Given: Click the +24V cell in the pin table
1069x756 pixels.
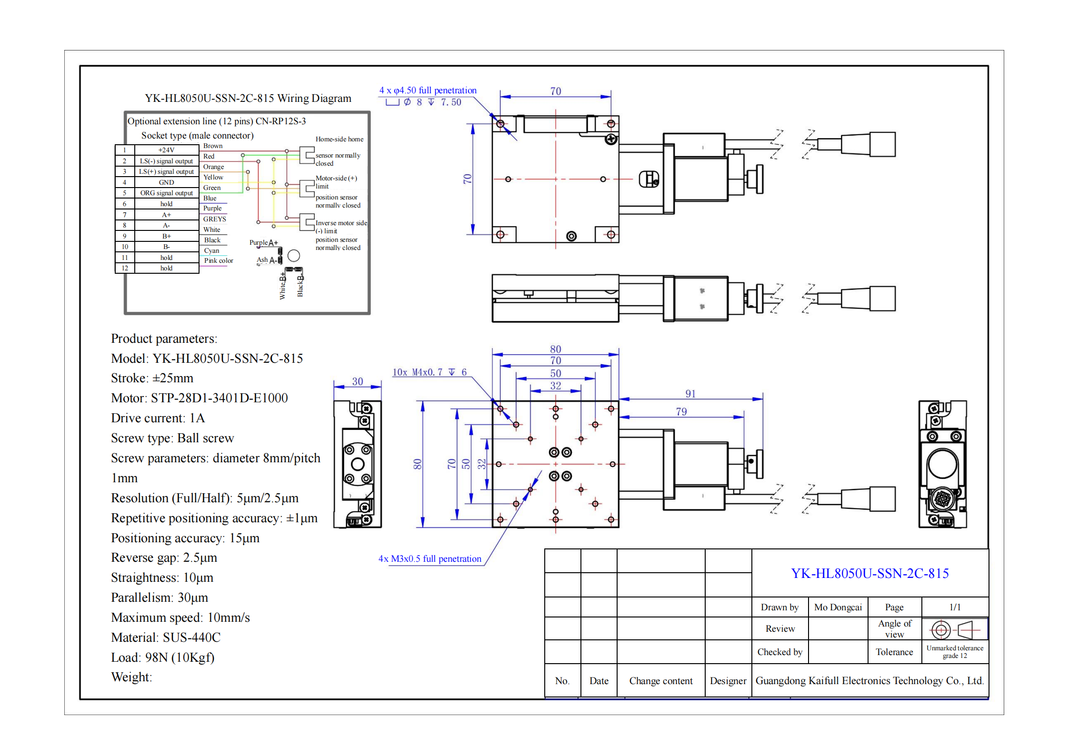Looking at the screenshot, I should point(166,150).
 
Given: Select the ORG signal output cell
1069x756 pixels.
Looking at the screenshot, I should point(166,193).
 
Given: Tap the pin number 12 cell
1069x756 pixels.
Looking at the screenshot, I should point(125,269).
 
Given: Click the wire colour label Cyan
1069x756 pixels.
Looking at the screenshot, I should point(211,251).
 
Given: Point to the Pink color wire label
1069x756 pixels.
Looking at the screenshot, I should point(219,261).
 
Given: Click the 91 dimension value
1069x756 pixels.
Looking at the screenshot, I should point(690,394).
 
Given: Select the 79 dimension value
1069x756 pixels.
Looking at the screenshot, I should point(681,412).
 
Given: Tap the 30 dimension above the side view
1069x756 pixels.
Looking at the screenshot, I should point(357,381).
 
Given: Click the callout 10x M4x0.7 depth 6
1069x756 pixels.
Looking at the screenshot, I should point(429,372).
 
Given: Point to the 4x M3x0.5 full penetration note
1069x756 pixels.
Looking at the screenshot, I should point(430,559).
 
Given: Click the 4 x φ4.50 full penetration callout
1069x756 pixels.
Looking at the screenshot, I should point(428,90).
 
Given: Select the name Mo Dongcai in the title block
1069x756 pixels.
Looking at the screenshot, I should point(838,607).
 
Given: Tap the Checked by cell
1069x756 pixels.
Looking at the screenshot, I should point(779,652).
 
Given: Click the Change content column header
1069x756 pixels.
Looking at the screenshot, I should point(660,681).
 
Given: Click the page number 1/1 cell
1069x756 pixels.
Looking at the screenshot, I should point(955,607).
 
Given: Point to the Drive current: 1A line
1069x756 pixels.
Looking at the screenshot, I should point(158,418).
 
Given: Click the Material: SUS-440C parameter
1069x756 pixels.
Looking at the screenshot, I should point(166,638).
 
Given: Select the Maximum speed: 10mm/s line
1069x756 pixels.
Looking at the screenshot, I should point(180,618).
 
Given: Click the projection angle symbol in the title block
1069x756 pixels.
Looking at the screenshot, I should point(954,630).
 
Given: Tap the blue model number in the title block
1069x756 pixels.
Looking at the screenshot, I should point(869,574).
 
